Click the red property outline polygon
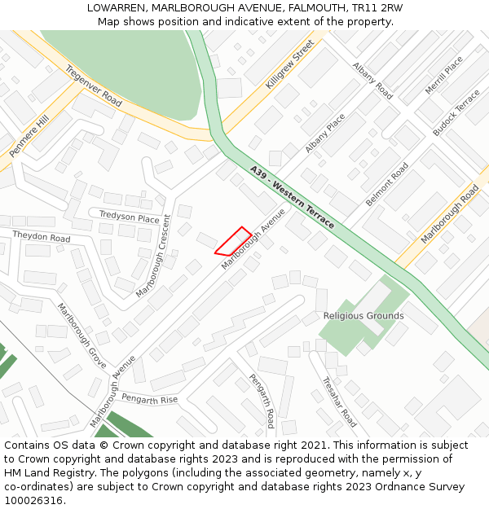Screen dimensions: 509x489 click(233, 242)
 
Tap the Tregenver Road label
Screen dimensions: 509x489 click(94, 86)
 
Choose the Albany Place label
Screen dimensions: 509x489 click(325, 133)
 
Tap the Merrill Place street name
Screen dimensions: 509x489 click(443, 75)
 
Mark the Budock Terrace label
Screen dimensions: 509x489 click(456, 112)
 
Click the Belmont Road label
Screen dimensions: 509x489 click(387, 184)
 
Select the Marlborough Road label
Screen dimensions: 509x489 click(450, 214)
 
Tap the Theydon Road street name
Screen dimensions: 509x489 click(42, 237)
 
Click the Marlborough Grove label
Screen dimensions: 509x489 click(81, 336)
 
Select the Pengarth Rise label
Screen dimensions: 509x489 click(148, 400)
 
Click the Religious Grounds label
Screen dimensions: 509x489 click(363, 316)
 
